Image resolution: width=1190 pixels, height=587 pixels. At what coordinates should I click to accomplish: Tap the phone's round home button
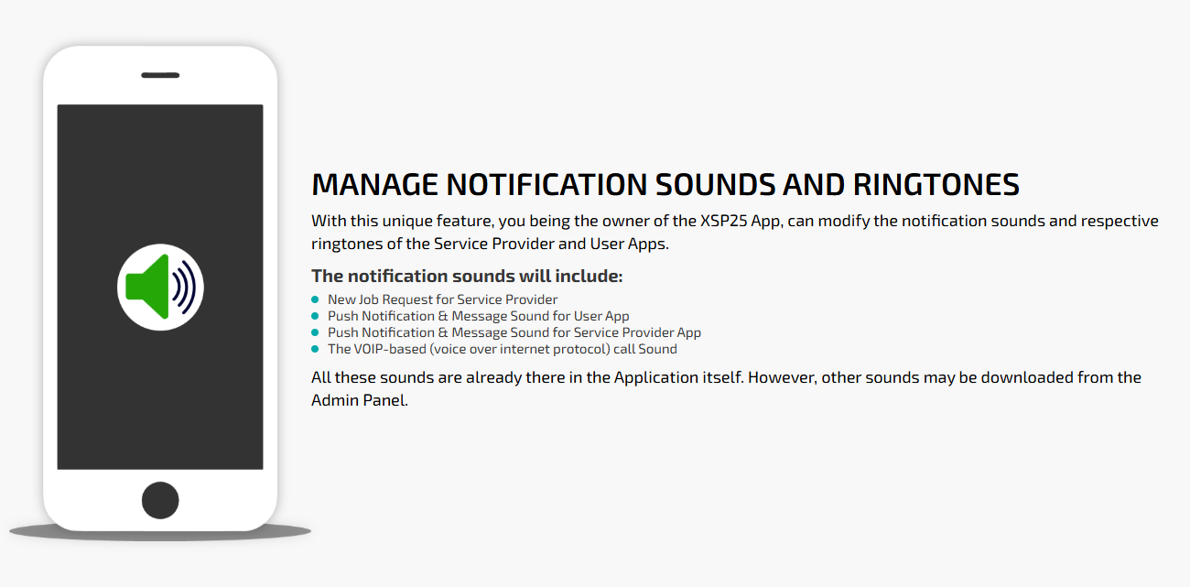[x=160, y=500]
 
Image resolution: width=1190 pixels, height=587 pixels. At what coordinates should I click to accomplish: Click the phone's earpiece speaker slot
[x=160, y=75]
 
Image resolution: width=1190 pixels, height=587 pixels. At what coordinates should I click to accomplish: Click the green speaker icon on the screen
[x=147, y=287]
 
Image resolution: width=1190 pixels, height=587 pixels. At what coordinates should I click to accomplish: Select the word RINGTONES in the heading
[x=936, y=185]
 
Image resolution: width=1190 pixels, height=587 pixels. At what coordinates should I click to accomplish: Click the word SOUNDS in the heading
[x=715, y=185]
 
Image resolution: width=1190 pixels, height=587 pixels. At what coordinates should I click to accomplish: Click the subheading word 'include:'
[x=589, y=276]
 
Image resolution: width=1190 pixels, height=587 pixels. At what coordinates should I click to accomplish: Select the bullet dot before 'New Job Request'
[x=315, y=299]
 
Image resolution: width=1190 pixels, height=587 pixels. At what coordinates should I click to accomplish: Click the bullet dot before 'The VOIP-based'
[x=315, y=349]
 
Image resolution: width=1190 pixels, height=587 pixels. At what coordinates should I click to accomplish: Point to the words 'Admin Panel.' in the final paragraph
[x=360, y=400]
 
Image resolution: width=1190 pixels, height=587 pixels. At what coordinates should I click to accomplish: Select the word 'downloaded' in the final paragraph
[x=1026, y=377]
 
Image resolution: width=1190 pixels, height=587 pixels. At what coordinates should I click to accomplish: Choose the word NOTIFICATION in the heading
[x=546, y=185]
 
